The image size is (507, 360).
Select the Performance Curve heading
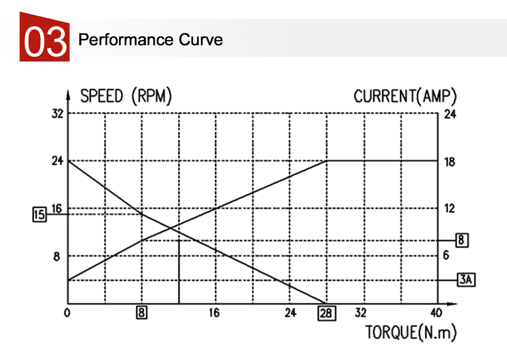(x=150, y=40)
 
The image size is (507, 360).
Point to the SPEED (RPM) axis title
(x=126, y=96)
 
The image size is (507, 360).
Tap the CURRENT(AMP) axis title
(x=405, y=96)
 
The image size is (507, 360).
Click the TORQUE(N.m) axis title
(x=411, y=333)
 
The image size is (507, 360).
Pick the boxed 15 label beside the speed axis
(x=39, y=215)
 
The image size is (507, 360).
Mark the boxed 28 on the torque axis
(x=326, y=313)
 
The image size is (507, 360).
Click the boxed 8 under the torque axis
(x=142, y=313)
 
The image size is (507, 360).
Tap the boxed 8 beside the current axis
(x=462, y=240)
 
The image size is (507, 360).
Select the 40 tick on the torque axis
(x=436, y=312)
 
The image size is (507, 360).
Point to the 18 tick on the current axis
(x=449, y=162)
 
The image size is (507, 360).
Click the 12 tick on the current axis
(x=449, y=208)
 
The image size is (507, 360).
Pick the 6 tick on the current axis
(x=446, y=256)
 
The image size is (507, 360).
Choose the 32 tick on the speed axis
(x=57, y=114)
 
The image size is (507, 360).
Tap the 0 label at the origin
(x=67, y=313)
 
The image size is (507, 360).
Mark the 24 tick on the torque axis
(x=290, y=312)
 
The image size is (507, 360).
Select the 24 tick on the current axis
(x=449, y=115)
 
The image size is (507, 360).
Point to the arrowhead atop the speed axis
(x=68, y=93)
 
